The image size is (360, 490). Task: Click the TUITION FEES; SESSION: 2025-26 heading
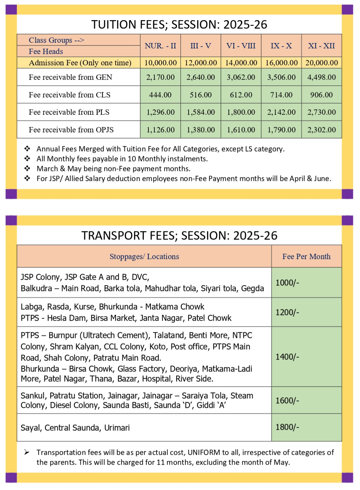tap(179, 25)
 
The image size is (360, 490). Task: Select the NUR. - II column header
tap(160, 46)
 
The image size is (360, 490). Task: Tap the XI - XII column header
tap(321, 46)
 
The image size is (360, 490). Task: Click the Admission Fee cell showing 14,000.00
tap(241, 63)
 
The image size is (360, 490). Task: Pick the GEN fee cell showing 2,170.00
tap(160, 77)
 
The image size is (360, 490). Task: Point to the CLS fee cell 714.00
tap(281, 95)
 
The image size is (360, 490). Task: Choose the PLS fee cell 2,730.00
tap(322, 112)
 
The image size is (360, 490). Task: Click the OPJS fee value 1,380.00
tap(201, 130)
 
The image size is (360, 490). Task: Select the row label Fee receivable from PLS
tap(69, 112)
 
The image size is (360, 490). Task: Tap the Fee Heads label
tap(46, 52)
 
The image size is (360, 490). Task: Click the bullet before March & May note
tap(27, 169)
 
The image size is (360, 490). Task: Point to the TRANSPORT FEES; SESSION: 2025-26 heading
tap(179, 236)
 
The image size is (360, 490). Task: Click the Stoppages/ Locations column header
tap(144, 256)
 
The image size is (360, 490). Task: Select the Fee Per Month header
tap(306, 256)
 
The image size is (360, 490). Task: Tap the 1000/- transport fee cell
tap(287, 283)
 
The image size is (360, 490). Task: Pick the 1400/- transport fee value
tap(287, 357)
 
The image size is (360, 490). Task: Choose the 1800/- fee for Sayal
tap(287, 427)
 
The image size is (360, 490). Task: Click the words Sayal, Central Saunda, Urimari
tap(75, 428)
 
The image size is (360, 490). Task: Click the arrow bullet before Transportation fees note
tap(27, 452)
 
